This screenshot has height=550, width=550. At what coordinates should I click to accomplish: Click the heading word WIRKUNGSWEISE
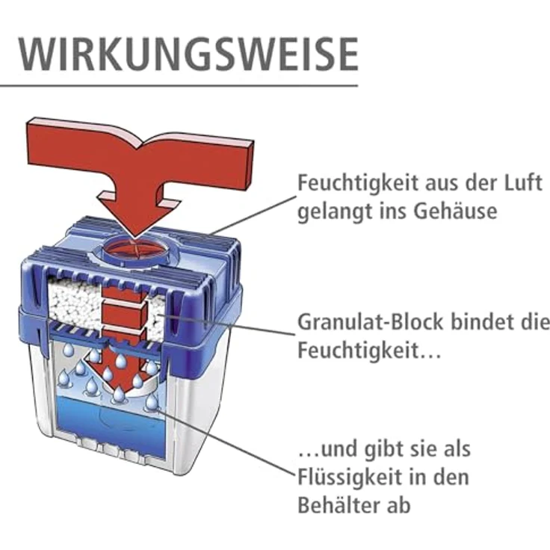[x=187, y=53]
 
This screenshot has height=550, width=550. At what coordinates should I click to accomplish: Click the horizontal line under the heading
[x=179, y=85]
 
